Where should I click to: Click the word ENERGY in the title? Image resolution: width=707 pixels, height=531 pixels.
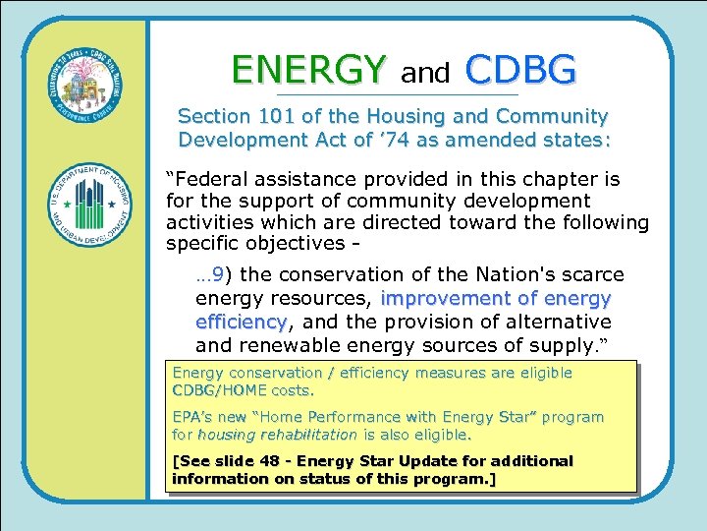[x=308, y=70]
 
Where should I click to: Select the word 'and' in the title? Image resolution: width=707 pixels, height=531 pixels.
[x=425, y=73]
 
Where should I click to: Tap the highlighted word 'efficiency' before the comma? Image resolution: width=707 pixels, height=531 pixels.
[x=240, y=322]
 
